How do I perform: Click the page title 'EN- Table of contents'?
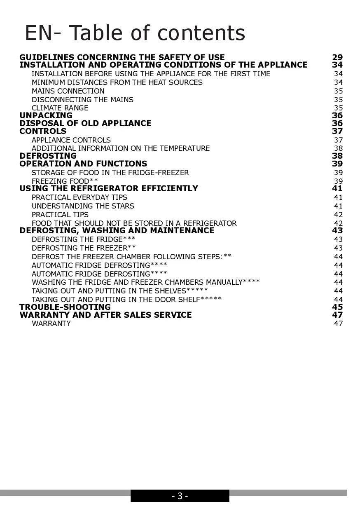pyautogui.click(x=135, y=33)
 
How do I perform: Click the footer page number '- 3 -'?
pyautogui.click(x=180, y=496)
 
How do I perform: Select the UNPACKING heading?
pyautogui.click(x=46, y=115)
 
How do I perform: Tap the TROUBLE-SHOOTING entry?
pyautogui.click(x=65, y=307)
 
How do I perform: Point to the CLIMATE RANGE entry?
pyautogui.click(x=60, y=108)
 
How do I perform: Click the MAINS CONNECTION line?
pyautogui.click(x=68, y=91)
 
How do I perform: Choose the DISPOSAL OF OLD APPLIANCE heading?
pyautogui.click(x=85, y=123)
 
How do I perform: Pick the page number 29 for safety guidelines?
pyautogui.click(x=337, y=57)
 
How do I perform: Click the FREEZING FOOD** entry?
pyautogui.click(x=65, y=181)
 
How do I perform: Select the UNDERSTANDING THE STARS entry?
pyautogui.click(x=83, y=206)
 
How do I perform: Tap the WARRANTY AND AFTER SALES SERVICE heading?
pyautogui.click(x=105, y=315)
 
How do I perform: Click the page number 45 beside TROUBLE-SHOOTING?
pyautogui.click(x=337, y=307)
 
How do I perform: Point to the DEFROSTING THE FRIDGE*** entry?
pyautogui.click(x=83, y=239)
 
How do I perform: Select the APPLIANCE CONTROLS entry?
pyautogui.click(x=71, y=140)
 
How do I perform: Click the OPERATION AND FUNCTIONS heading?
pyautogui.click(x=83, y=164)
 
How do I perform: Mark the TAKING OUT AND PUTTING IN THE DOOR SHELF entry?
pyautogui.click(x=126, y=300)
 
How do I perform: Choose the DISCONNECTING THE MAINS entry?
pyautogui.click(x=82, y=100)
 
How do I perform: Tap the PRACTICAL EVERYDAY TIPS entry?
pyautogui.click(x=79, y=197)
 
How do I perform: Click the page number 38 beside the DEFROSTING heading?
pyautogui.click(x=337, y=156)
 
